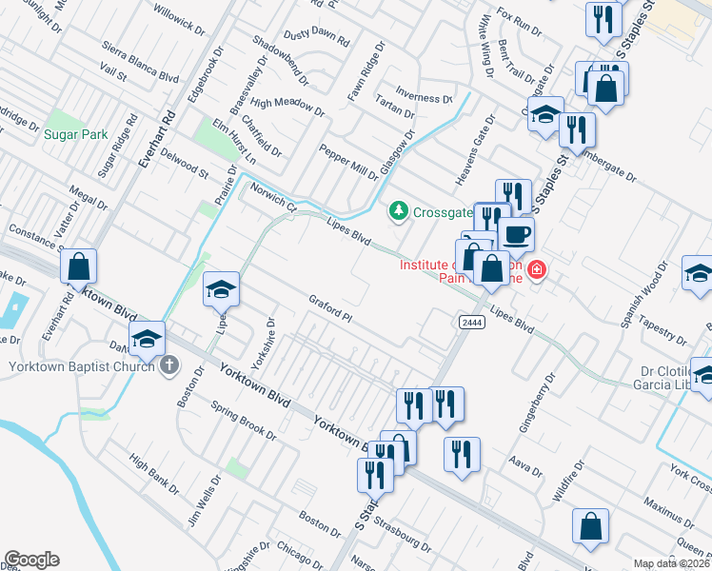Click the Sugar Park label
76,135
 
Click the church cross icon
170,364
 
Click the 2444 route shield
470,324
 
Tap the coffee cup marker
516,234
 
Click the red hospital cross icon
537,270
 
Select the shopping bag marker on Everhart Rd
80,266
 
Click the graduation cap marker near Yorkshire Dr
220,289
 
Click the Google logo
31,560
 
